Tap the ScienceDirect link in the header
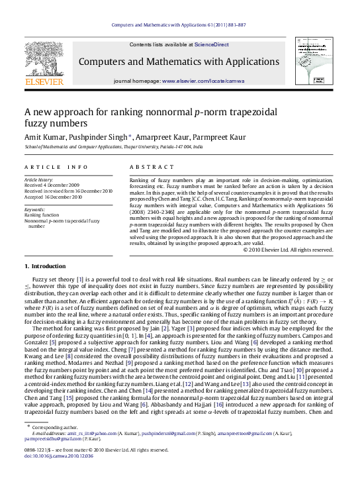pos(210,44)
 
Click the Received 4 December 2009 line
pos(52,185)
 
